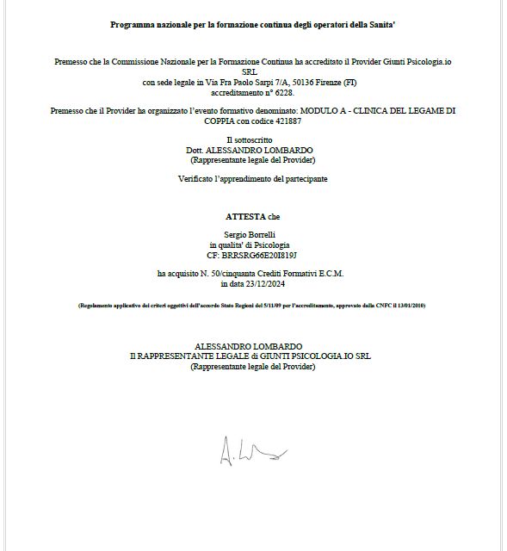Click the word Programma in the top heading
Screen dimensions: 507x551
(130, 24)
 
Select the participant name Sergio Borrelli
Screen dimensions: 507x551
(252, 234)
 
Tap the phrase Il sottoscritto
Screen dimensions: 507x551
(252, 139)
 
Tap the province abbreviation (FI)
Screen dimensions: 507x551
(326, 81)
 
